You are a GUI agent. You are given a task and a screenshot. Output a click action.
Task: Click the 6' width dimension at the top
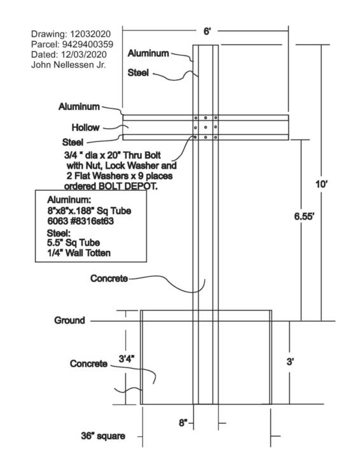coord(207,31)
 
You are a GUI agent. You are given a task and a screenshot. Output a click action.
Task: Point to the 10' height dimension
coord(321,184)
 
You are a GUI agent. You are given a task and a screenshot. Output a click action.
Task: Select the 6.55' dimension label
coord(304,216)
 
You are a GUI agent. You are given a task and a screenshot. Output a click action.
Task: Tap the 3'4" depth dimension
coord(127,358)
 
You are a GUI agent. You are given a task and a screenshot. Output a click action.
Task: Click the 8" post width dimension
coord(183,423)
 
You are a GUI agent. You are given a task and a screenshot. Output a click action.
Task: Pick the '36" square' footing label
coord(103,436)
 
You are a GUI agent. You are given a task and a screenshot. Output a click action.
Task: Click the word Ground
coord(69,320)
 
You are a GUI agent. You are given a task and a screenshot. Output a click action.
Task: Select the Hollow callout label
coord(85,127)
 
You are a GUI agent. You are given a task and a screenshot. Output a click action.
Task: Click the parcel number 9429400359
coord(88,45)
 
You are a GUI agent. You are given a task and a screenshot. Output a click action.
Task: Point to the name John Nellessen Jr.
coord(68,64)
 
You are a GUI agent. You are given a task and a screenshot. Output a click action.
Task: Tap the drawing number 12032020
coord(90,34)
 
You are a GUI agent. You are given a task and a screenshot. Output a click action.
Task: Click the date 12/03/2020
coord(84,54)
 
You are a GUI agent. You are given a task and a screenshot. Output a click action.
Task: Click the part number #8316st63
coord(90,222)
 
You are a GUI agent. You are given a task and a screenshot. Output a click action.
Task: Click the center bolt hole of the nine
coord(205,127)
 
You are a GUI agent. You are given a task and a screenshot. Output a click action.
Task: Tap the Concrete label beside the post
coord(109,278)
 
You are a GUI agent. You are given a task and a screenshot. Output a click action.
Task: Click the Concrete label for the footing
coord(88,364)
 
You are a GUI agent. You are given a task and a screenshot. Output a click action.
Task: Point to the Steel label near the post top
coord(138,73)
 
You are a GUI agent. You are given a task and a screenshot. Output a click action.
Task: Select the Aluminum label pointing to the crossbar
coord(79,106)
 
